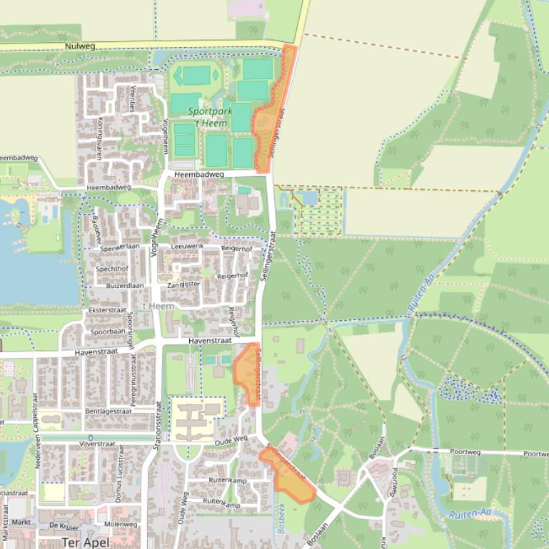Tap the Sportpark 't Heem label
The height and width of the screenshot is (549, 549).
(211, 118)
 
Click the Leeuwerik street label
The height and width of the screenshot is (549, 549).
(188, 246)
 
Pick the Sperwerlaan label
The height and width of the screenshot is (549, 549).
(121, 247)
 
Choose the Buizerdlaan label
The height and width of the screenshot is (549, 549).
(124, 285)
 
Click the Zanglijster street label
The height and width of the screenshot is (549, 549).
(182, 284)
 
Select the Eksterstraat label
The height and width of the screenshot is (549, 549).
(106, 311)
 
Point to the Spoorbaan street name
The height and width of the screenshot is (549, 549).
(108, 332)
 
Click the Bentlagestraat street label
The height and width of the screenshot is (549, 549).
(109, 411)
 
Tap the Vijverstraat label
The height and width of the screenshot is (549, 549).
(97, 443)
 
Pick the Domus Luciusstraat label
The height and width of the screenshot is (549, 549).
(121, 473)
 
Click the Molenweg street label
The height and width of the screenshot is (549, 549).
(120, 524)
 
